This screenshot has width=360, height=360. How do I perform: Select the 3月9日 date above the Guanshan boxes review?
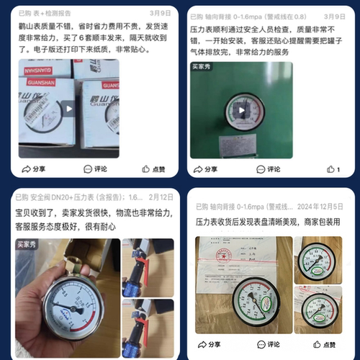pos(160,14)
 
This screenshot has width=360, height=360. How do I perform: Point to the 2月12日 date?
pos(160,197)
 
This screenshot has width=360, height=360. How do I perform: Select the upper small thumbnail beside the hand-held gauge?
pos(147,267)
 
